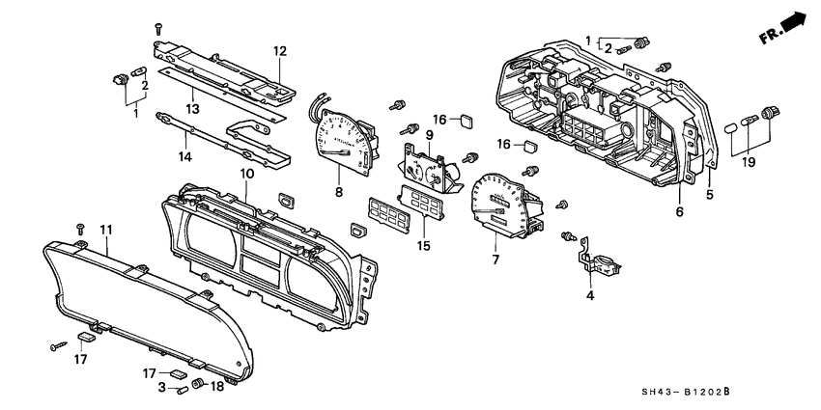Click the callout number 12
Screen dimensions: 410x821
(279, 50)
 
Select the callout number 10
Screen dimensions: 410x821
(247, 174)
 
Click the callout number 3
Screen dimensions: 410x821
(161, 388)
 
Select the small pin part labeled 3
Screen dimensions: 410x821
(182, 389)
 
